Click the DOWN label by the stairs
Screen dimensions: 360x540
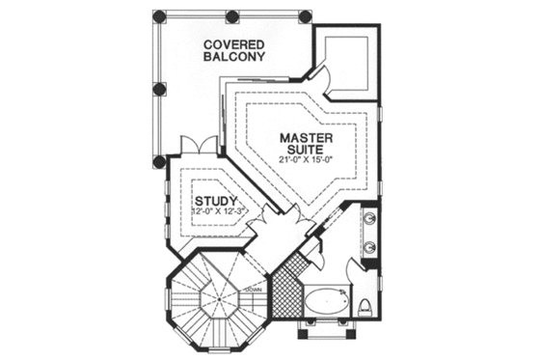point(254,289)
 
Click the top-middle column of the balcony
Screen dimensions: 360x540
point(232,17)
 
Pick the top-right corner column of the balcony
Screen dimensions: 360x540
point(306,17)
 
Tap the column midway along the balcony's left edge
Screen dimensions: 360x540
point(159,90)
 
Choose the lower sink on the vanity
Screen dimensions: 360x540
point(372,248)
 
